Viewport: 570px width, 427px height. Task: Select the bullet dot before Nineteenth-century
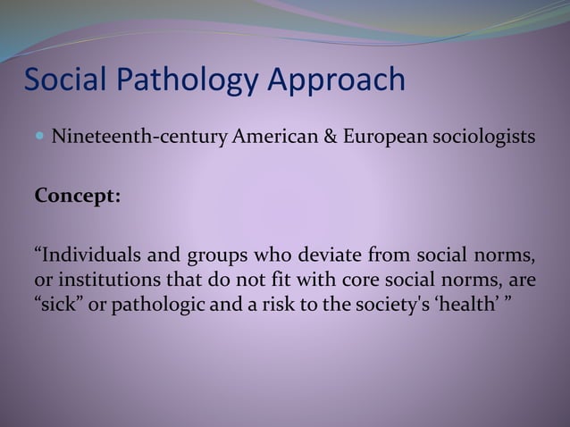coord(40,138)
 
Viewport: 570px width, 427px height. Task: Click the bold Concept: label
coord(77,196)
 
